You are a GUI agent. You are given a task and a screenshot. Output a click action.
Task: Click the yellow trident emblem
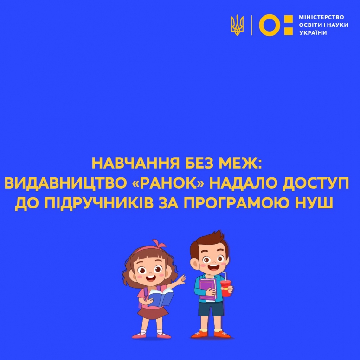tap(237, 25)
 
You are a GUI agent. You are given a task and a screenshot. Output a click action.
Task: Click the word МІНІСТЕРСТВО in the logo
tap(321, 17)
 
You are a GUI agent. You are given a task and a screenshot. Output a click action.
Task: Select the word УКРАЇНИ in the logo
tap(313, 33)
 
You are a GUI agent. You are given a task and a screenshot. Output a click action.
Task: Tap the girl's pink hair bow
tap(159, 244)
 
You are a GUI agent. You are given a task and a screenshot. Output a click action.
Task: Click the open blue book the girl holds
tap(161, 297)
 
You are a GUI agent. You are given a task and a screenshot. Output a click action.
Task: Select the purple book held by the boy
tap(207, 290)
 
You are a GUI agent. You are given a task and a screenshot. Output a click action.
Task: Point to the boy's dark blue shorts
tap(211, 309)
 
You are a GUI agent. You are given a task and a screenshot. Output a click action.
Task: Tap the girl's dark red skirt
tap(153, 313)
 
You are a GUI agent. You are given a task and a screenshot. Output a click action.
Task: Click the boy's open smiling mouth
tap(213, 267)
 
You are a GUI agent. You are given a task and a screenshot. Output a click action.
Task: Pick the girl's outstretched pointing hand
tap(182, 280)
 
